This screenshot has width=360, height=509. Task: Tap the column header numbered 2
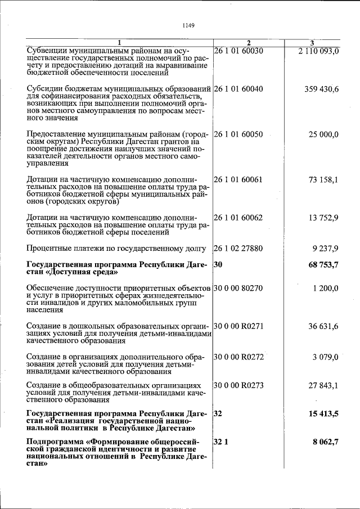[249, 43]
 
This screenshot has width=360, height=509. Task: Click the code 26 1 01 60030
[240, 51]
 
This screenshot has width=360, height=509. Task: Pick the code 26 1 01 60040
[240, 89]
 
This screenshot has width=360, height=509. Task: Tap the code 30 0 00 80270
[240, 288]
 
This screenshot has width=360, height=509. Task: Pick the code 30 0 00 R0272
[240, 357]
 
